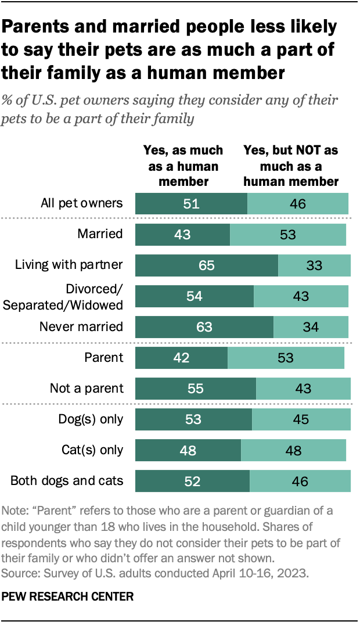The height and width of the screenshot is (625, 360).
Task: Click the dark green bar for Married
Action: pos(182,235)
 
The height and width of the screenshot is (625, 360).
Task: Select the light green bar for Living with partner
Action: pos(314,265)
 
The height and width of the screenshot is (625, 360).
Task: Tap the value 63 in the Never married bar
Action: pos(204,326)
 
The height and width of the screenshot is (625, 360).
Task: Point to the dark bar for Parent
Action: pos(181,357)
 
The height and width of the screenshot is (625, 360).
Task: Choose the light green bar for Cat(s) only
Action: pos(293,450)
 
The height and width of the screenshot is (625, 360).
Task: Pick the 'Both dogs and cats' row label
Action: pos(67,481)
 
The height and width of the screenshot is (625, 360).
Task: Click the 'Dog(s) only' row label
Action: pos(91,419)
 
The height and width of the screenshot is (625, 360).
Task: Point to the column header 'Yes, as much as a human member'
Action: pos(183,166)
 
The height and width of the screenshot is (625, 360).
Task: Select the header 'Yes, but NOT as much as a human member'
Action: pos(291,166)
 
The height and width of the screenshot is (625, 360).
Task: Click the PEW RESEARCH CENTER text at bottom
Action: pos(67,596)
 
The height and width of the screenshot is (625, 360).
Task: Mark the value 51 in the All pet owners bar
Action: pos(192,204)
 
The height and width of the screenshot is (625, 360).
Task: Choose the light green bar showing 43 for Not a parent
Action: pos(303,388)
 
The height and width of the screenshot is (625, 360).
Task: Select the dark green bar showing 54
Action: pos(195,296)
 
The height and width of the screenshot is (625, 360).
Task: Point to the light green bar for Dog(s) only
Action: pos(301,419)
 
